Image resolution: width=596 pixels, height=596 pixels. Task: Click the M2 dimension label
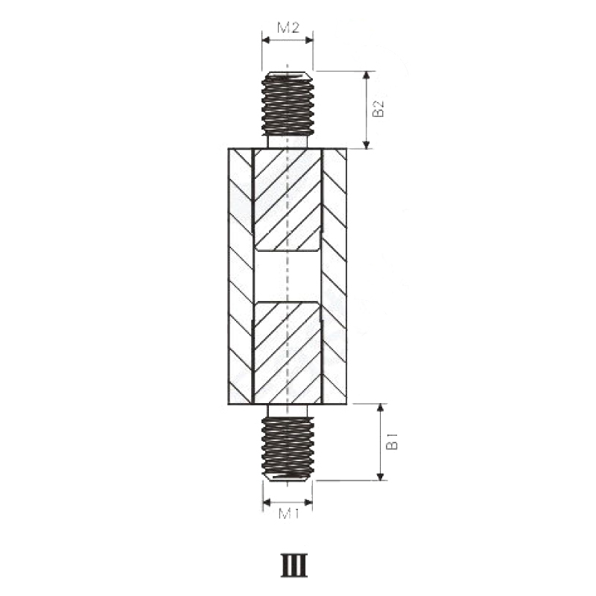click(288, 28)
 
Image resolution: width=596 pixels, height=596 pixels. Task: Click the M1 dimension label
click(288, 513)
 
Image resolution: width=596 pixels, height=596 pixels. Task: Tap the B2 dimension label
click(378, 110)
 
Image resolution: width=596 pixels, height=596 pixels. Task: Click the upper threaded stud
click(288, 104)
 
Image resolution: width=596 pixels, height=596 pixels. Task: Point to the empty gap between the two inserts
click(288, 276)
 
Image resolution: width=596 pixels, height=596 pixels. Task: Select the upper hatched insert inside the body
click(288, 199)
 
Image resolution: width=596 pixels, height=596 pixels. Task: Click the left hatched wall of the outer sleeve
click(240, 276)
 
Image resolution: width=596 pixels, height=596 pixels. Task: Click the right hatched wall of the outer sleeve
click(335, 276)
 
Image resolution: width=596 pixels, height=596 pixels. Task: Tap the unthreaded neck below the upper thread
click(288, 142)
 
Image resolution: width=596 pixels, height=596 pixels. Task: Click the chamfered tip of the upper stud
click(288, 75)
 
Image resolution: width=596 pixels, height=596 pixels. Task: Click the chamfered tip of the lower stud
click(288, 476)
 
